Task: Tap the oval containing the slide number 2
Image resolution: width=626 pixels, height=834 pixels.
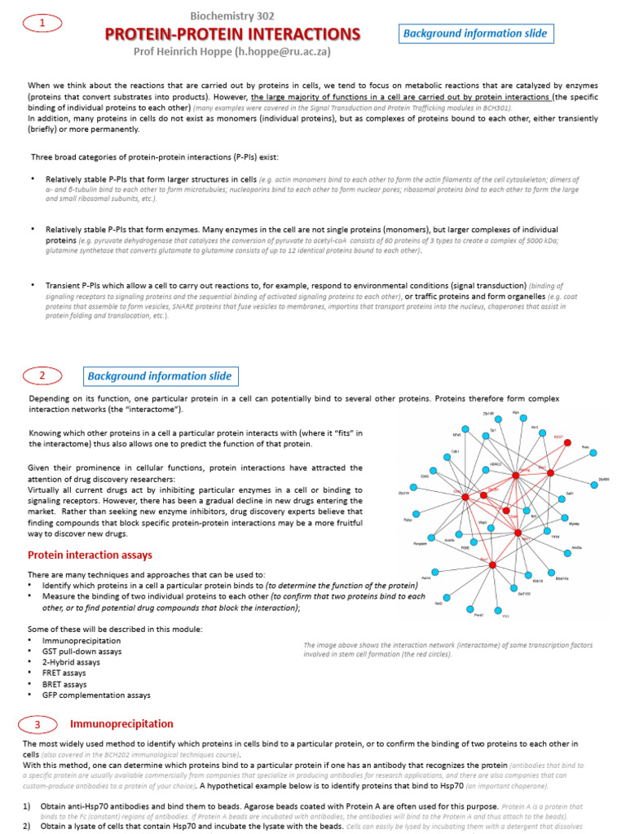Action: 42,375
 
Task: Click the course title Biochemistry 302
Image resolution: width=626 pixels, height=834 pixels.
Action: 232,15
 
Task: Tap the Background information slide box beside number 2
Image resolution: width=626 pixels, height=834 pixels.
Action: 160,376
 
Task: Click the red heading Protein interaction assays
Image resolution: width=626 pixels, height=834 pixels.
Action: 90,555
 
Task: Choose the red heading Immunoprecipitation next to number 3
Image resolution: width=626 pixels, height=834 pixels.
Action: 121,723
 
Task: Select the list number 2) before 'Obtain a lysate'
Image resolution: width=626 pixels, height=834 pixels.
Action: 27,825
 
